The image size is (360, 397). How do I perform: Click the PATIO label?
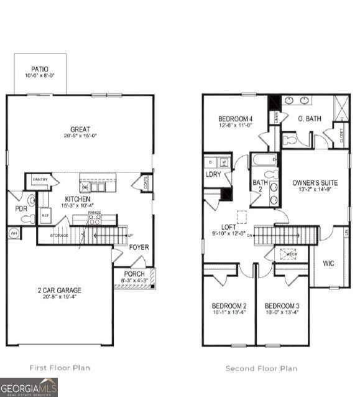coord(40,69)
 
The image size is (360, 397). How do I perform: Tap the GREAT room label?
coord(80,129)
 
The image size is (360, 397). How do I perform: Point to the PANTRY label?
coord(40,180)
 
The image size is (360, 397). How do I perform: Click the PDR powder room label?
coord(21,208)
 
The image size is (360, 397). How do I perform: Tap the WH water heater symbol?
coord(12,233)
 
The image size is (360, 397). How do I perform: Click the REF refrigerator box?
coord(45,215)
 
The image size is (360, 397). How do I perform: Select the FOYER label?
coord(139,247)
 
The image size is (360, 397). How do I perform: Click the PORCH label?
coord(134,274)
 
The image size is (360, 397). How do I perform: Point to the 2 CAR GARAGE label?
coord(60,290)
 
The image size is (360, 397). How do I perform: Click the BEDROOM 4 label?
coord(235,119)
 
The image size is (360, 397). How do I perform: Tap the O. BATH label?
coord(309,118)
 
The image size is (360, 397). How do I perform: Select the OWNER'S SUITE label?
coord(315,183)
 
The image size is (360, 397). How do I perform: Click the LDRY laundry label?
coord(213,174)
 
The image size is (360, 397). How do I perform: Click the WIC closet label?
coord(329,263)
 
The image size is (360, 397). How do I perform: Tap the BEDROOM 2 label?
coord(229,306)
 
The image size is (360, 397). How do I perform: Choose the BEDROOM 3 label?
coord(282,306)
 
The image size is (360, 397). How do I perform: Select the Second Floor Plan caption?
coord(261,368)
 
